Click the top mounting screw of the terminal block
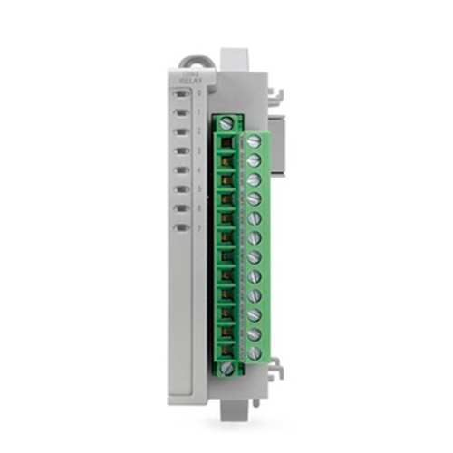[x=226, y=122]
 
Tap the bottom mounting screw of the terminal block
[x=226, y=368]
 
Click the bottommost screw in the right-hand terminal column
[x=254, y=352]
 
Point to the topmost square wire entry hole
[x=226, y=141]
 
